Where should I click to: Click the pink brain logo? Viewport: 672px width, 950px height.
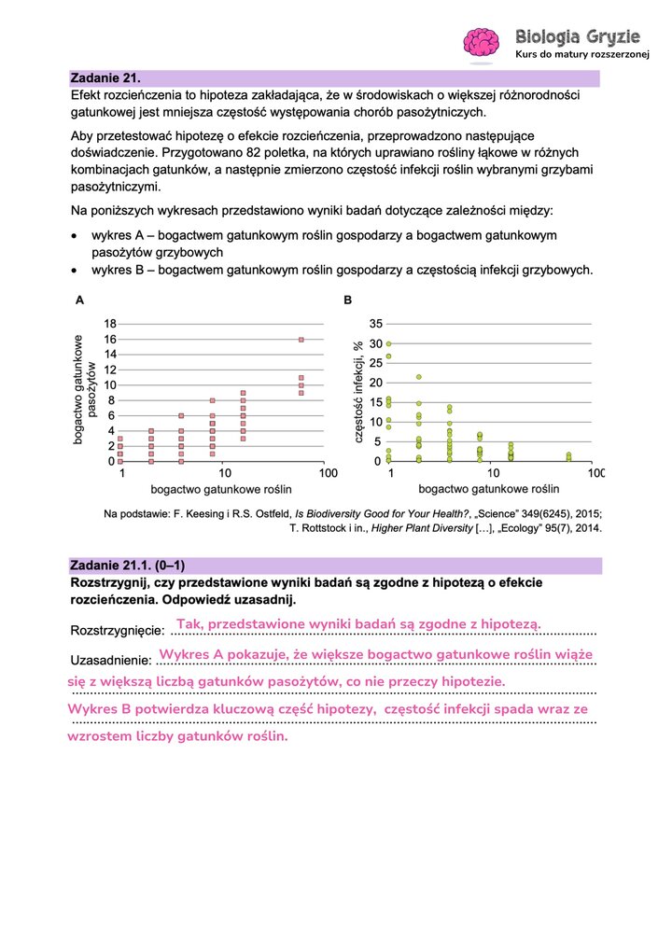pyautogui.click(x=483, y=43)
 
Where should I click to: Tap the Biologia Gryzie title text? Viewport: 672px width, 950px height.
pyautogui.click(x=578, y=36)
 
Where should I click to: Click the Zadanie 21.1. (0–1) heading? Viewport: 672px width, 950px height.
pyautogui.click(x=126, y=566)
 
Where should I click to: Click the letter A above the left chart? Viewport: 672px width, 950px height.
pyautogui.click(x=79, y=300)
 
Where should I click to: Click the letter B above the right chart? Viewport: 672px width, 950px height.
pyautogui.click(x=348, y=300)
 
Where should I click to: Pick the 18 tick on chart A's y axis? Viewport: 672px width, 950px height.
pyautogui.click(x=109, y=324)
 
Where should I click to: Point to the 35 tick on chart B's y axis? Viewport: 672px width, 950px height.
pyautogui.click(x=376, y=324)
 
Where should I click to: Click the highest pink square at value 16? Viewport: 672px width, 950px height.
pyautogui.click(x=301, y=340)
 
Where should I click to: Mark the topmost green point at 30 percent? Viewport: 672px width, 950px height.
pyautogui.click(x=389, y=343)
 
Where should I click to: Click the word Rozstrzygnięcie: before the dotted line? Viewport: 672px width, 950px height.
pyautogui.click(x=118, y=631)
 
